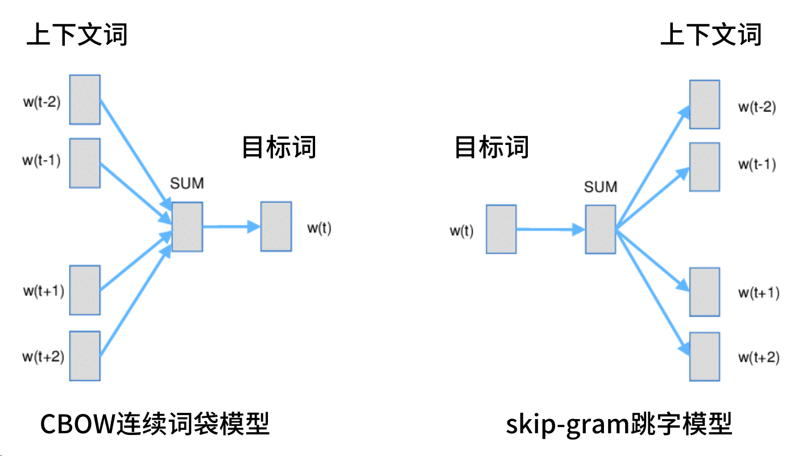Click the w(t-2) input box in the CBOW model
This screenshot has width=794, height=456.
pos(85,100)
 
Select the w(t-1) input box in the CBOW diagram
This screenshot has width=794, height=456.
pos(85,163)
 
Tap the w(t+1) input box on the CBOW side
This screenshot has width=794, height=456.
pos(85,290)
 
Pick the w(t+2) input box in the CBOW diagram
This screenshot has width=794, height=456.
pos(85,356)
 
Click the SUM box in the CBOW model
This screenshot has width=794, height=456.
pos(187,227)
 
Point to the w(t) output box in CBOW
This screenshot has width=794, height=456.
pos(276,226)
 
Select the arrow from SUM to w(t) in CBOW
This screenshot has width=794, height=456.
pos(230,227)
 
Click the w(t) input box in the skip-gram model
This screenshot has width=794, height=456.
pos(501,229)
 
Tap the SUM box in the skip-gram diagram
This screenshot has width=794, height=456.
pos(601,229)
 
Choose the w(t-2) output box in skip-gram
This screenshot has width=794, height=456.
pos(705,105)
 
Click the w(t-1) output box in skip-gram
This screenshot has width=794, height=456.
pos(705,167)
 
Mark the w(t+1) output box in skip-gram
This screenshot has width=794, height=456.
pos(705,291)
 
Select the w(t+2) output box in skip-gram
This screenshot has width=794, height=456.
pos(705,356)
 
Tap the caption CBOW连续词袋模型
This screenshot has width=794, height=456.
pos(155,424)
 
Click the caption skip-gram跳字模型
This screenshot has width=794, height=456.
pos(619,424)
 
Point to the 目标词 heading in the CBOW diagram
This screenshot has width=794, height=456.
pos(279,147)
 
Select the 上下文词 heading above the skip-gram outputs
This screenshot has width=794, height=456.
pos(711,35)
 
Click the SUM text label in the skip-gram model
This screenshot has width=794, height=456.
pos(601,187)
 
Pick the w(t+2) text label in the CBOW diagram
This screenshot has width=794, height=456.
pos(43,357)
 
